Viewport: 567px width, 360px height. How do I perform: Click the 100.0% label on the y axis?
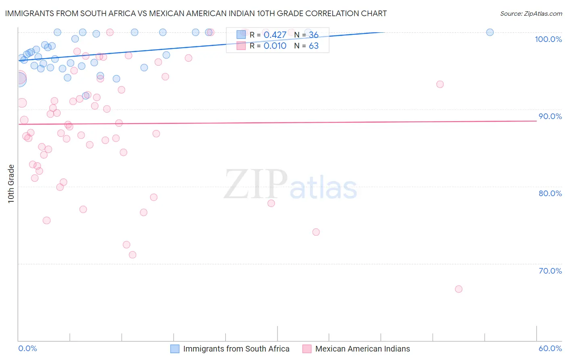tap(548, 39)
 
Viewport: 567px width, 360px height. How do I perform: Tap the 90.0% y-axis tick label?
tap(550, 116)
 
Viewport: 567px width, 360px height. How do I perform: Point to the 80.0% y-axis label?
tap(550, 193)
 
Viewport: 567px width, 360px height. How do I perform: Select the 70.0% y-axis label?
tap(550, 271)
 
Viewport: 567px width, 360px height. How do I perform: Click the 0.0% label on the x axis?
tap(27, 348)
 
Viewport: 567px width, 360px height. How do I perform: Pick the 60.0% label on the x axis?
tap(550, 348)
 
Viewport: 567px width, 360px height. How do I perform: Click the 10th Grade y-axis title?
tap(11, 184)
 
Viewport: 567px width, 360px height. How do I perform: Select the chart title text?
tap(196, 13)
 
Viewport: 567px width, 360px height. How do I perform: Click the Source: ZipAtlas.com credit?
tap(531, 13)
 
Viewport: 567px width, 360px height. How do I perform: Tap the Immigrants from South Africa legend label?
tap(236, 349)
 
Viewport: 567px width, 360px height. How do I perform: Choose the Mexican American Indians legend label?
tap(362, 349)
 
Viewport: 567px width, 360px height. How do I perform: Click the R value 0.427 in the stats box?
tap(275, 35)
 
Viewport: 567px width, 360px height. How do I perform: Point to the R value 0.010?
tap(275, 46)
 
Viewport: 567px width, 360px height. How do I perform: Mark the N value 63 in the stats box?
tap(313, 46)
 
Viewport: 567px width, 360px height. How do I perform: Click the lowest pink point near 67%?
tap(459, 289)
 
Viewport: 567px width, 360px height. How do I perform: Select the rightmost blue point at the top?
tap(490, 32)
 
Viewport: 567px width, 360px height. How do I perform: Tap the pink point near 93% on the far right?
tap(440, 84)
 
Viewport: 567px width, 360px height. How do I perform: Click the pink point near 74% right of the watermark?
tap(316, 232)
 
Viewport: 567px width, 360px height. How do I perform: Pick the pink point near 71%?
tap(133, 255)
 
